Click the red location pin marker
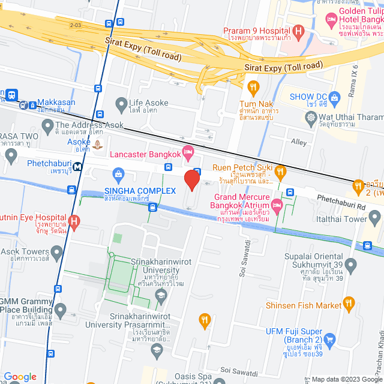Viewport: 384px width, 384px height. click(x=191, y=180)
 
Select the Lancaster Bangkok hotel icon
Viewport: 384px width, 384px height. click(x=188, y=154)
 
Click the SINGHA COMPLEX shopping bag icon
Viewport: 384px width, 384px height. click(x=118, y=174)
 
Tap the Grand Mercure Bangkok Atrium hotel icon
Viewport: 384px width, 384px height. click(x=277, y=206)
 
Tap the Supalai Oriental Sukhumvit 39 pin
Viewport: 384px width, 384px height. click(x=352, y=265)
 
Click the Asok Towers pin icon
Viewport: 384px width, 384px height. click(x=57, y=251)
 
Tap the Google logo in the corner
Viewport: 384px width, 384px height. click(x=20, y=376)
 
